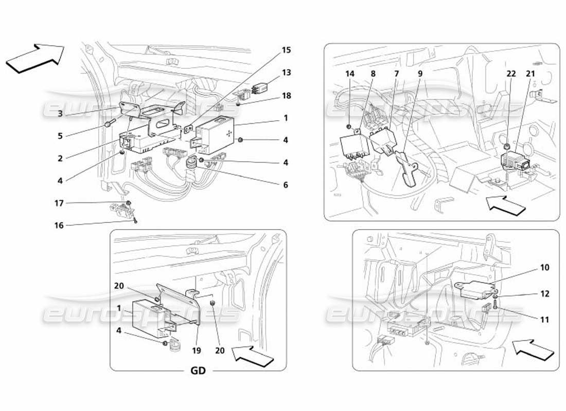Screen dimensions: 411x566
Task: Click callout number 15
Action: pos(286,50)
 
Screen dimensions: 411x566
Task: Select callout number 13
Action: pos(286,72)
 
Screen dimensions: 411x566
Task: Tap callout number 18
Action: pos(286,96)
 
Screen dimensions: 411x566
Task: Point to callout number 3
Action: pos(60,114)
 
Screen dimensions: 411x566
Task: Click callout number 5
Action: pos(60,137)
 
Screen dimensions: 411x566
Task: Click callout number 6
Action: pos(286,185)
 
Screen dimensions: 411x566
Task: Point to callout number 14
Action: pos(350,74)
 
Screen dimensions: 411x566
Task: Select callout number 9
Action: pos(420,74)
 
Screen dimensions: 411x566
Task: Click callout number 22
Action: pos(510,74)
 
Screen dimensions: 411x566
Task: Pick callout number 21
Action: pos(530,74)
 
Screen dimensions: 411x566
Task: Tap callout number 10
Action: pos(544,268)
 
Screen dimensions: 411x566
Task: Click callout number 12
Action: pos(544,294)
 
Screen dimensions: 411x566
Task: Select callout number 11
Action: pos(544,320)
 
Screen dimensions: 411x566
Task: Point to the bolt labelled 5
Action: pos(110,124)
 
